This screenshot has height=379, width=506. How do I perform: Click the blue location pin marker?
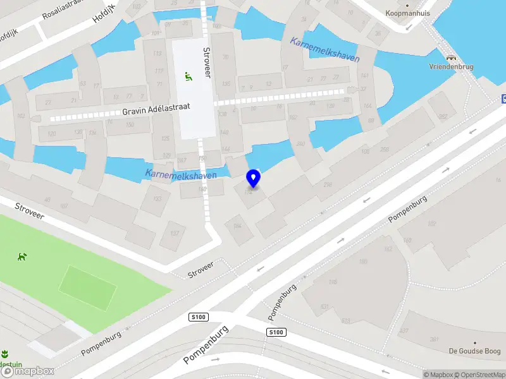(x=253, y=178)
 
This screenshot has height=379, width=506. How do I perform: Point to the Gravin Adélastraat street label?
(x=156, y=111)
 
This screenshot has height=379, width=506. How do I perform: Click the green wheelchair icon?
(x=188, y=76)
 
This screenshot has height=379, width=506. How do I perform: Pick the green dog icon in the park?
(x=23, y=256)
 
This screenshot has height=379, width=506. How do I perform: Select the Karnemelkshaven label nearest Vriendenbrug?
(x=324, y=50)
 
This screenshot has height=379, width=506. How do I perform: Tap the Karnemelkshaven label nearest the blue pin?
(x=181, y=174)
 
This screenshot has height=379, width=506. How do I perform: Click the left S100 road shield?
(x=199, y=316)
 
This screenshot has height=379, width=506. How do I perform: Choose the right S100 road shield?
(x=276, y=332)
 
